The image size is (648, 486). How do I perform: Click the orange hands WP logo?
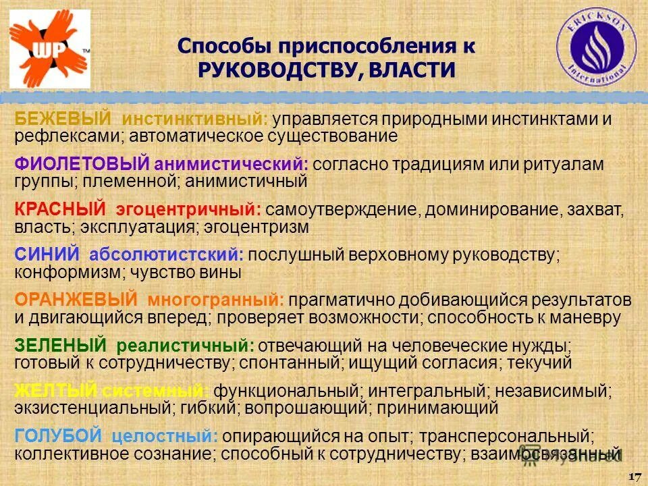tap(49, 45)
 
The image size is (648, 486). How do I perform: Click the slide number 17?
tap(634, 477)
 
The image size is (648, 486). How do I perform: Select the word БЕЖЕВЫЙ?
tap(63, 119)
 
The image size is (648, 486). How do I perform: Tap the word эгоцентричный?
tap(188, 210)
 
